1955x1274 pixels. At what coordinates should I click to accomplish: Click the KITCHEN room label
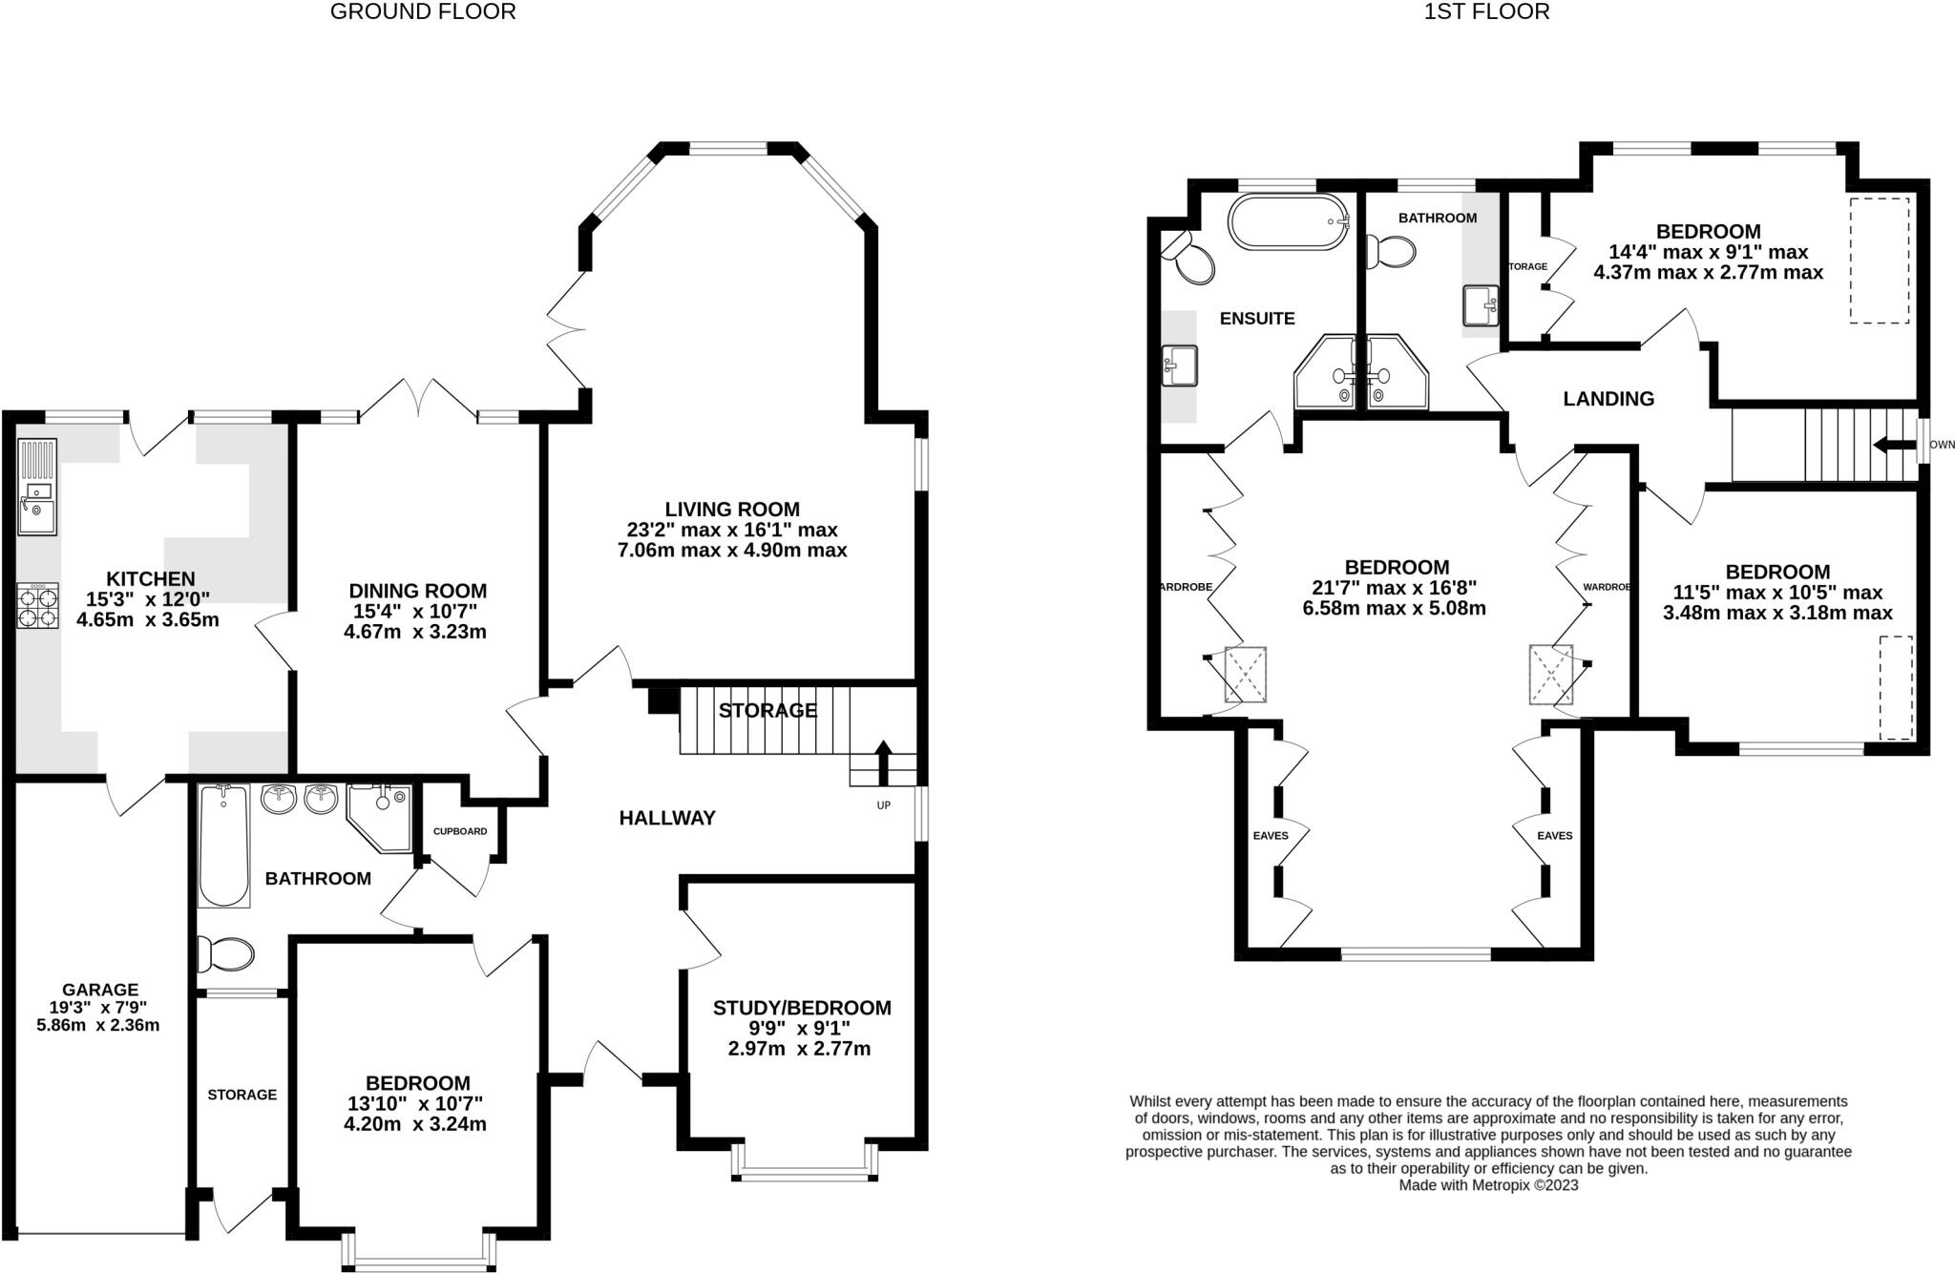tap(150, 578)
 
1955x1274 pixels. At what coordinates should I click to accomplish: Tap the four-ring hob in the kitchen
tap(37, 605)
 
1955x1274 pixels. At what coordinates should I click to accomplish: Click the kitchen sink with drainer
tap(37, 487)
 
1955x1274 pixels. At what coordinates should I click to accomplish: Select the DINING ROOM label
tap(417, 591)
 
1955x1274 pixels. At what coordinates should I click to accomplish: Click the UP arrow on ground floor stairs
tap(883, 761)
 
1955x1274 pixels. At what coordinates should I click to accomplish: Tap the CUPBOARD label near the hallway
tap(460, 831)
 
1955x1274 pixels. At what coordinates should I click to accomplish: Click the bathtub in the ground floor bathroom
tap(223, 846)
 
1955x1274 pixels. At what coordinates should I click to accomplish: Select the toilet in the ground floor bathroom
tap(225, 953)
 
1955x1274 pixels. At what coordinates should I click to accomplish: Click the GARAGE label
tap(100, 990)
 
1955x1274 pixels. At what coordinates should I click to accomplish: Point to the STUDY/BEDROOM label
tap(802, 1008)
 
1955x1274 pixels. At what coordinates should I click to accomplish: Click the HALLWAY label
tap(666, 818)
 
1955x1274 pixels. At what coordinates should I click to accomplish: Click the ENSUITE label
tap(1257, 319)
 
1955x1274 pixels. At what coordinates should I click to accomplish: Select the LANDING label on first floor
tap(1608, 399)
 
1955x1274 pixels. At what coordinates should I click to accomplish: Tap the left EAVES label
tap(1271, 836)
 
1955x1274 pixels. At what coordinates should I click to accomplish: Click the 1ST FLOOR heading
tap(1486, 12)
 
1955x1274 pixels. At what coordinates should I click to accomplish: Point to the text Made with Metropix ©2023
tap(1488, 1185)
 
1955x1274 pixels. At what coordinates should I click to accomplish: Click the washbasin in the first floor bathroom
tap(1481, 307)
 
